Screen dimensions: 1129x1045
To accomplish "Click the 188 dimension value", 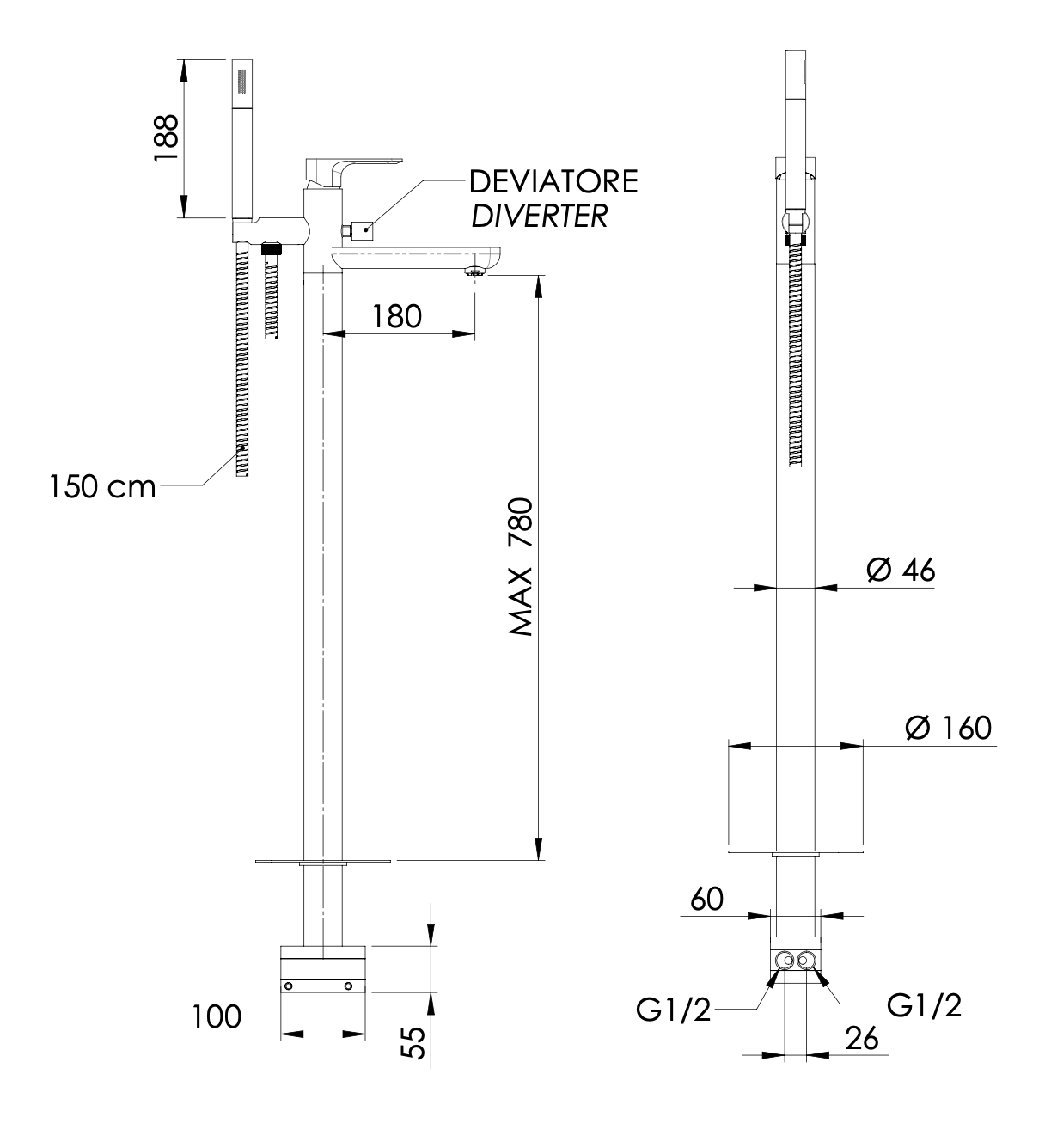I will coord(165,137).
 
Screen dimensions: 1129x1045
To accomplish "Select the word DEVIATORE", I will coord(553,182).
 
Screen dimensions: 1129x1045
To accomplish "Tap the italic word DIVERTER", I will coord(539,215).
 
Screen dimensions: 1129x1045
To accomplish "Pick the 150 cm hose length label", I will coord(102,487).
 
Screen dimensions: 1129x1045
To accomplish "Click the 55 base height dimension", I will coord(414,1042).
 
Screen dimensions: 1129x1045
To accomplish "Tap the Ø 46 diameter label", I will coord(900,570).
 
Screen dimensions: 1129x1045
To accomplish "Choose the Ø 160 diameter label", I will coord(947,728).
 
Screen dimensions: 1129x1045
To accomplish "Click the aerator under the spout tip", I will coord(474,272).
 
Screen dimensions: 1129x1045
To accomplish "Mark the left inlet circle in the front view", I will coord(783,961).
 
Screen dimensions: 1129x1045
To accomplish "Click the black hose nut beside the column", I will coord(272,249).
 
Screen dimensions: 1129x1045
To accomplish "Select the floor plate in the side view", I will coord(323,860).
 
